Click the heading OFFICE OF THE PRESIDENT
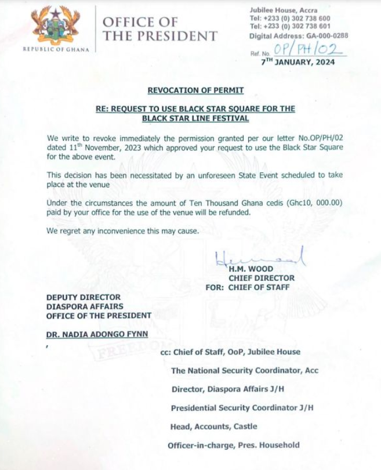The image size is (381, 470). click(x=159, y=29)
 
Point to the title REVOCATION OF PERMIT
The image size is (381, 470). click(x=195, y=90)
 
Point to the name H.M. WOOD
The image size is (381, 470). click(x=251, y=269)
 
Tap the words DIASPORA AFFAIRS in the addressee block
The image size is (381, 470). click(x=85, y=306)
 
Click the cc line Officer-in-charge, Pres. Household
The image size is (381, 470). click(x=234, y=445)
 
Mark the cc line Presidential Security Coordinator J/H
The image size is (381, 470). click(x=242, y=408)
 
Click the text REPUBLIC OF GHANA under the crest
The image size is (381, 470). click(x=56, y=49)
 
